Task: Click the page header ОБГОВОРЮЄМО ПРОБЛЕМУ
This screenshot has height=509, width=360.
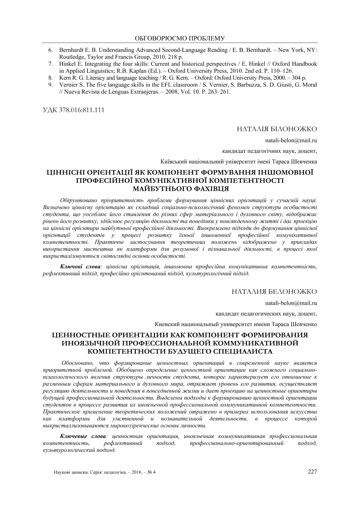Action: (x=180, y=37)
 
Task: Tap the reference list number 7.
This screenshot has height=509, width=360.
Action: (x=50, y=64)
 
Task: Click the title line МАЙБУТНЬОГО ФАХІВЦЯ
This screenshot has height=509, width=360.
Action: (x=180, y=188)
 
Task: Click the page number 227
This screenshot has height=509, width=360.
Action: (x=312, y=471)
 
